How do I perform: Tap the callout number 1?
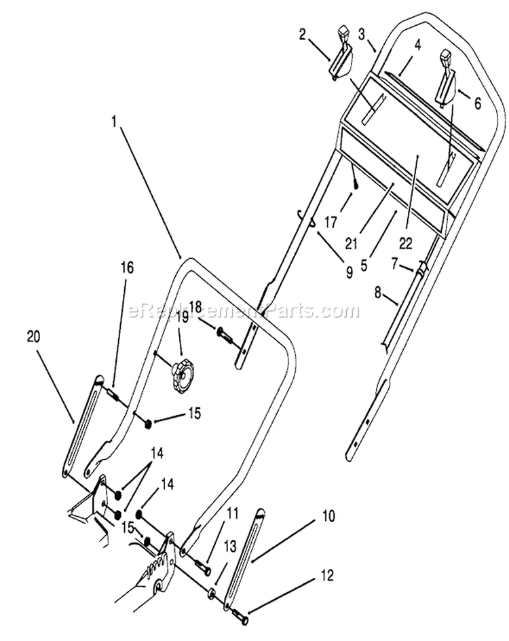coord(115,122)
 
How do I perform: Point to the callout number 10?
coord(328,516)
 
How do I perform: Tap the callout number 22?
coord(406,244)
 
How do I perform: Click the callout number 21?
coord(351,244)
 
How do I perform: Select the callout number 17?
coord(331,223)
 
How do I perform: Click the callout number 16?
coord(127,268)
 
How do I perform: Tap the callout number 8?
coord(378,293)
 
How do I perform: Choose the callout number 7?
coord(394,265)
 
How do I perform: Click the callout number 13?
coord(230,547)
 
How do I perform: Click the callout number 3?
coord(362,35)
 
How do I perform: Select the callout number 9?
coord(349,272)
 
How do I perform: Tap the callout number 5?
coord(364,265)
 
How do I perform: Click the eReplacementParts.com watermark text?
coord(244,311)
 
